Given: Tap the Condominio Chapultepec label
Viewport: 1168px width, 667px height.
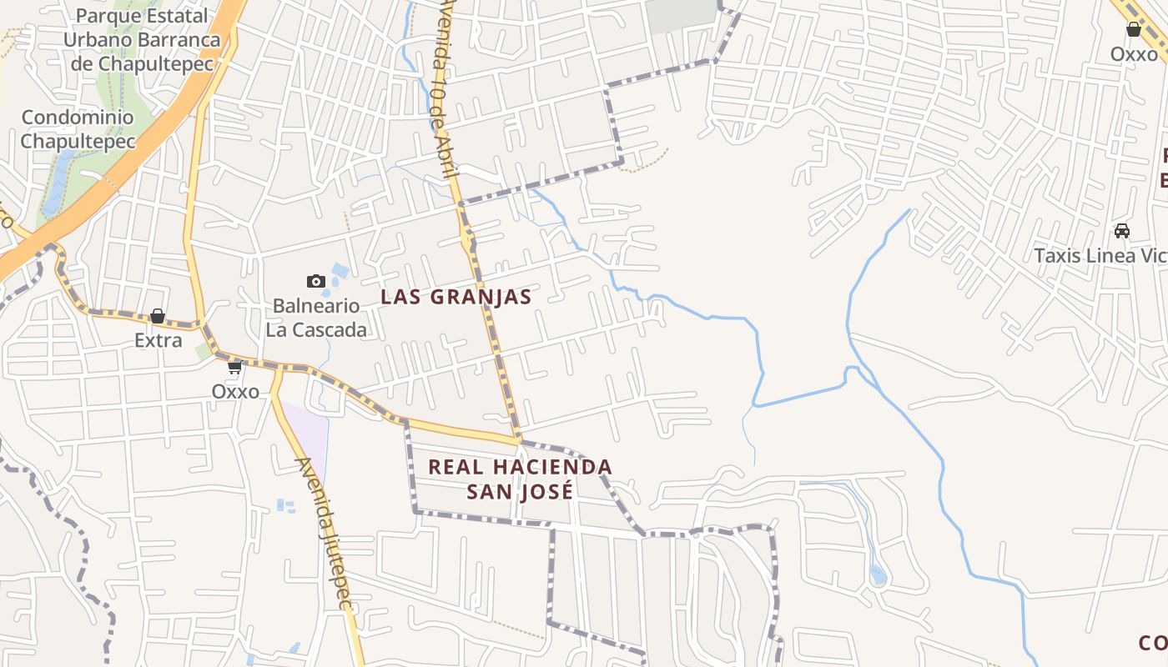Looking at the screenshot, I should pos(78,129).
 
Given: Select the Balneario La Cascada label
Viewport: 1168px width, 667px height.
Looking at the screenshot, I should pos(316,318).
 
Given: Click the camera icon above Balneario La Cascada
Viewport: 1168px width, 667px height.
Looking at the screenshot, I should pos(315,281).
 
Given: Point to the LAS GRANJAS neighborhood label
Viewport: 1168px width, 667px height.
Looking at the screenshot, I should pos(456,297).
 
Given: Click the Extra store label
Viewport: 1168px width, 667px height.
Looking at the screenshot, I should pos(159,340).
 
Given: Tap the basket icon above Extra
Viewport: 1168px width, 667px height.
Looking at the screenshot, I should pos(158,317).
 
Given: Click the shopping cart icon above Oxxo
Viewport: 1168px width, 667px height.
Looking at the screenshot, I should pos(235,367).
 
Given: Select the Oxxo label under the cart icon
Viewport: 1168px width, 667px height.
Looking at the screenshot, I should pos(235,391).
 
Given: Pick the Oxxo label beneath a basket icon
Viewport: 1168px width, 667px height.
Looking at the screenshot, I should pos(1134,54).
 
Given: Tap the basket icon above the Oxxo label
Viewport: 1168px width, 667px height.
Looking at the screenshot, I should pos(1134,30).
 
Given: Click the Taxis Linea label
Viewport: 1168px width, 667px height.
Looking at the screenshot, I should pos(1100,255).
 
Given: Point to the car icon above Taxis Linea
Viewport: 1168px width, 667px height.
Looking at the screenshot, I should pos(1122,231).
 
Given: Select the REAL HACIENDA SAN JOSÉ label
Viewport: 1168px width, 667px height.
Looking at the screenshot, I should pos(520,479).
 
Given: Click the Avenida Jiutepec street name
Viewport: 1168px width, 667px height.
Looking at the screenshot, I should pos(326,534).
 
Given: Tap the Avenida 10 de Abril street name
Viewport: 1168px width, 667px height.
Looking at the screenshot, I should pos(443,92).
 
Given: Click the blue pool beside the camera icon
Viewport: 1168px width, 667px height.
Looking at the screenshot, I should pos(340,271).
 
